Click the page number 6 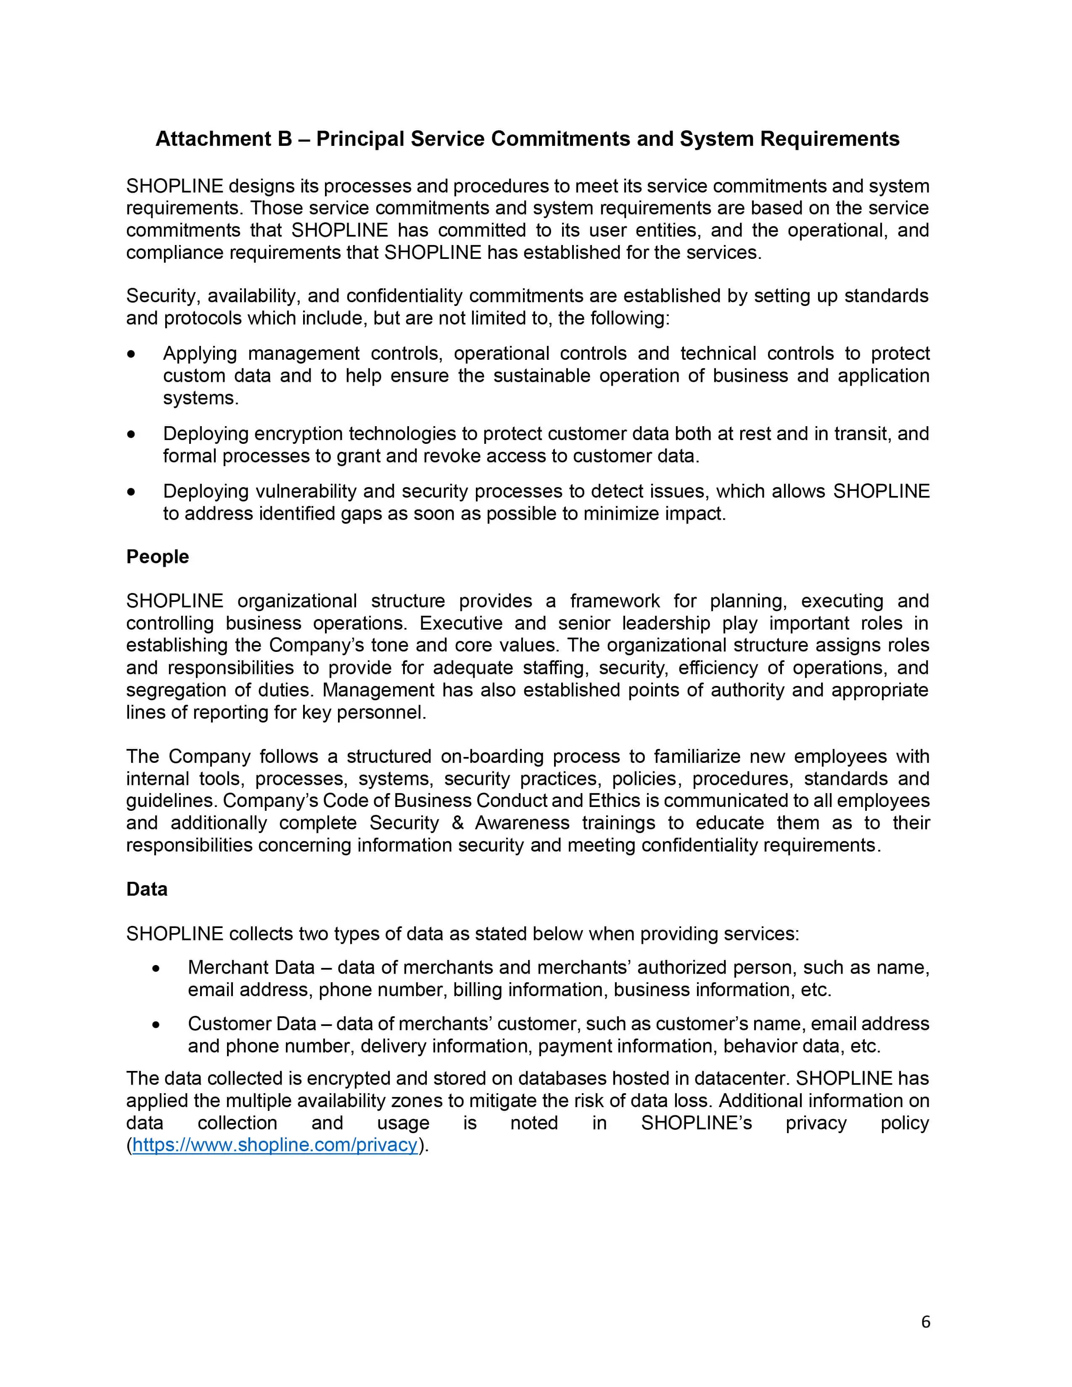(x=925, y=1321)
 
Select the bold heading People (x=158, y=556)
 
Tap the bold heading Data (x=147, y=889)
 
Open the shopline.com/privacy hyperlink (x=275, y=1145)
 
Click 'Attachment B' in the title (x=224, y=139)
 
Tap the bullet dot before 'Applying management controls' (x=132, y=354)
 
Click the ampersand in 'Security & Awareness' (x=457, y=823)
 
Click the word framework (x=614, y=601)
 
